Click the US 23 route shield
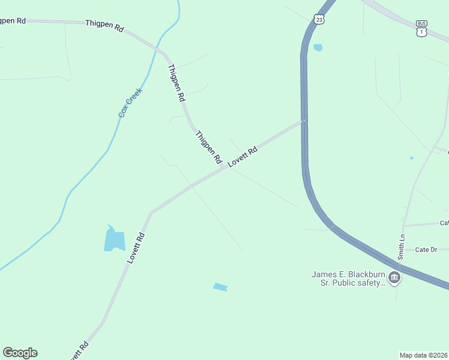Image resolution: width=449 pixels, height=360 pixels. (319, 20)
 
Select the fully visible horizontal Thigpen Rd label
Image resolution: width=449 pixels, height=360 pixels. (104, 25)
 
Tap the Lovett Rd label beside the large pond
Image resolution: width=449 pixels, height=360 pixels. (137, 248)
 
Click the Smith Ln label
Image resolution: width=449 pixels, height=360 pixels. (401, 247)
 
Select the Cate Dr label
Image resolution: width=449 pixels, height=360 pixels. (426, 250)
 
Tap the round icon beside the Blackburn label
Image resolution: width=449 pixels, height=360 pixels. (395, 277)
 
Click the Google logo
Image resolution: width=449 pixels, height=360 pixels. (20, 353)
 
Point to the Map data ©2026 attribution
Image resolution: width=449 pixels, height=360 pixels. (424, 355)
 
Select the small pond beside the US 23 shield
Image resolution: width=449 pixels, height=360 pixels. (318, 47)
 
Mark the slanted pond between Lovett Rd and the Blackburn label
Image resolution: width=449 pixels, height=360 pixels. (220, 287)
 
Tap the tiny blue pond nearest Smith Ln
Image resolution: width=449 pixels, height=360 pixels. (411, 158)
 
